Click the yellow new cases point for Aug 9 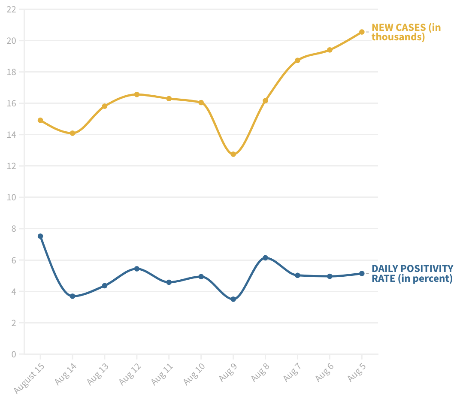pyautogui.click(x=233, y=154)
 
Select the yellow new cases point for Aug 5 pyautogui.click(x=362, y=32)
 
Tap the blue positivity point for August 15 pyautogui.click(x=40, y=236)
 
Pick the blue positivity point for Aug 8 pyautogui.click(x=265, y=257)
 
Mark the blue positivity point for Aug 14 pyautogui.click(x=73, y=296)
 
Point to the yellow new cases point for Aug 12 pyautogui.click(x=137, y=94)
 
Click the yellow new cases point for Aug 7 pyautogui.click(x=297, y=60)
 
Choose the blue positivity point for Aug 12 pyautogui.click(x=137, y=269)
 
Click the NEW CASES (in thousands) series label pyautogui.click(x=406, y=32)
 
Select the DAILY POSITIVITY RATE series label pyautogui.click(x=412, y=273)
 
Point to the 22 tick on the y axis pyautogui.click(x=11, y=9)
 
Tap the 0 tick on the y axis pyautogui.click(x=14, y=354)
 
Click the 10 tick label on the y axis pyautogui.click(x=11, y=197)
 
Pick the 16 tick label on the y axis pyautogui.click(x=11, y=103)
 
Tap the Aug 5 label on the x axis pyautogui.click(x=357, y=372)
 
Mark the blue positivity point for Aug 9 pyautogui.click(x=233, y=299)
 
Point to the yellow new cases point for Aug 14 pyautogui.click(x=73, y=133)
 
